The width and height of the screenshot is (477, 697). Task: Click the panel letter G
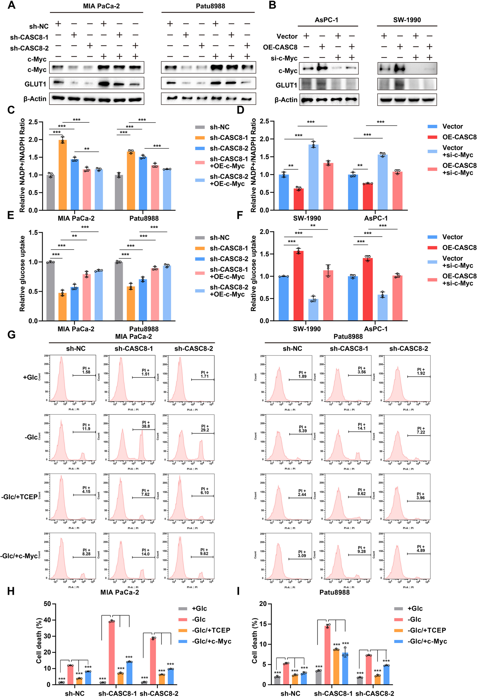[x=12, y=334]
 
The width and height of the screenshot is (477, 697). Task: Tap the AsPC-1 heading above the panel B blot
[x=326, y=20]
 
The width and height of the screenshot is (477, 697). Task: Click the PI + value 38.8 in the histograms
[x=146, y=426]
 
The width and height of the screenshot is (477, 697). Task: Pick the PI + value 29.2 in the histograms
[x=205, y=430]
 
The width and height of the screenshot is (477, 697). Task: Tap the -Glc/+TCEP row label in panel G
[x=19, y=497]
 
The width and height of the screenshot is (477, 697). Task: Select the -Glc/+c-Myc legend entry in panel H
[x=211, y=641]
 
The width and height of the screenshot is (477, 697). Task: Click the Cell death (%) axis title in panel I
[x=255, y=641]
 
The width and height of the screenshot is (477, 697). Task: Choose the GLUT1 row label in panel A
[x=35, y=84]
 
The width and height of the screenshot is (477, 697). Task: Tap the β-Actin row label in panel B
[x=286, y=100]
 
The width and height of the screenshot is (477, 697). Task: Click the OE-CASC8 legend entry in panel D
[x=459, y=137]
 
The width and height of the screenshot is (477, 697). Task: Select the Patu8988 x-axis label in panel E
[x=144, y=329]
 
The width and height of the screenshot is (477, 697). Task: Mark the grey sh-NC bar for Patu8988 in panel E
[x=119, y=291]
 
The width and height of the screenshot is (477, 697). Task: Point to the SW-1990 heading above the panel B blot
[x=407, y=20]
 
